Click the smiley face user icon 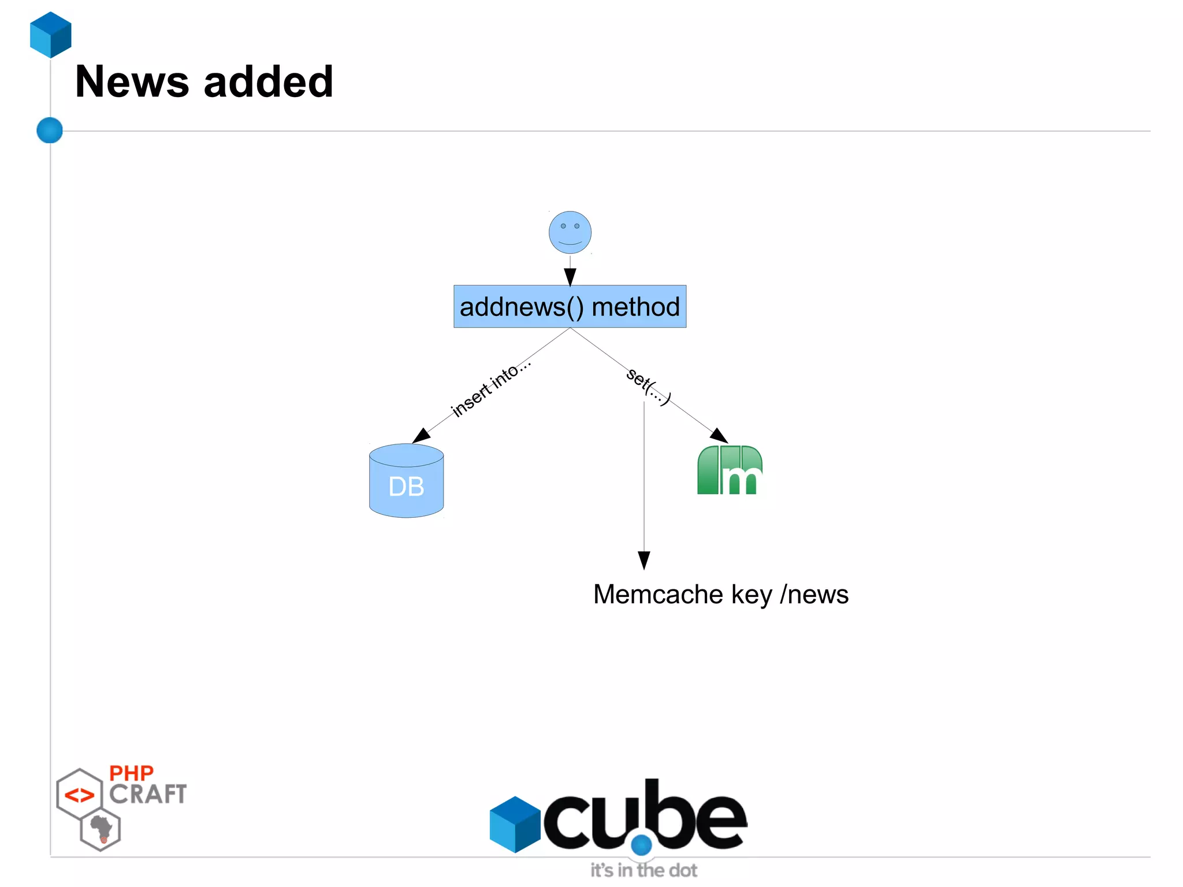coord(570,232)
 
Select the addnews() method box coord(570,306)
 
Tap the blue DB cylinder coord(406,481)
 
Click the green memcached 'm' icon coord(730,470)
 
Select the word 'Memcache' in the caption coord(658,594)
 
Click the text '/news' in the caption coord(814,594)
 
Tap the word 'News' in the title coord(132,81)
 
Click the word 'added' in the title coord(269,81)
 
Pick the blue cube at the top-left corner coord(51,35)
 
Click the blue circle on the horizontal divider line coord(50,130)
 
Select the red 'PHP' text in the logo coord(131,773)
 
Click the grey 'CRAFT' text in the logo coord(148,795)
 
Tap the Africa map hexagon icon coord(101,829)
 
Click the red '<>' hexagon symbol coord(79,795)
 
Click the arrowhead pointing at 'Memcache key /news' coord(644,560)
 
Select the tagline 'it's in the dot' coord(643,870)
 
